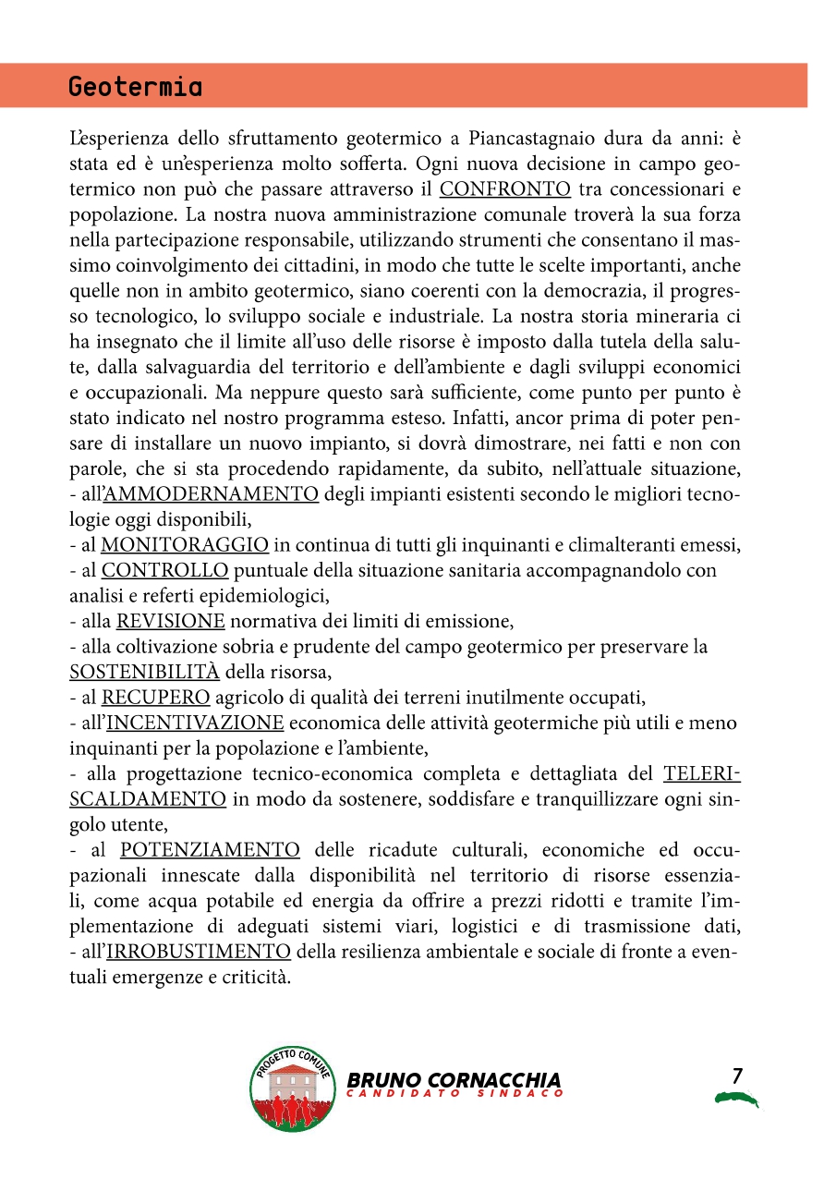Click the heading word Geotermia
[x=135, y=88]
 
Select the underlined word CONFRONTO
[x=504, y=190]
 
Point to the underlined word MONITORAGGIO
[x=185, y=544]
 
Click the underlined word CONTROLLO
[x=165, y=570]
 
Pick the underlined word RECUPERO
[x=156, y=697]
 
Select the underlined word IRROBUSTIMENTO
[x=199, y=951]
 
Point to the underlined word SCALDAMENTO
[x=148, y=798]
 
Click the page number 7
[x=736, y=1076]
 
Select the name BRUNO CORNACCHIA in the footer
[x=454, y=1080]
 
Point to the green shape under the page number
[x=736, y=1099]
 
